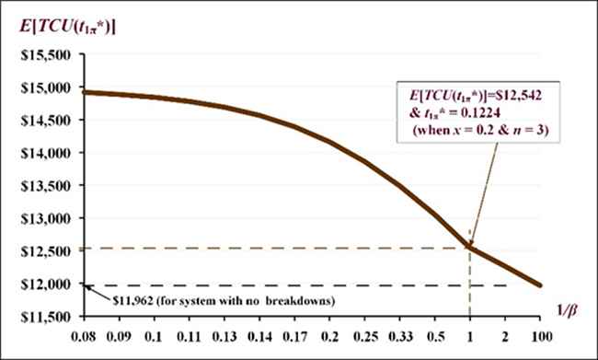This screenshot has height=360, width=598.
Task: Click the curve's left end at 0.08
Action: [x=85, y=92]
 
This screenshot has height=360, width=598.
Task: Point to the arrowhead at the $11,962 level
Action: [x=86, y=286]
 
